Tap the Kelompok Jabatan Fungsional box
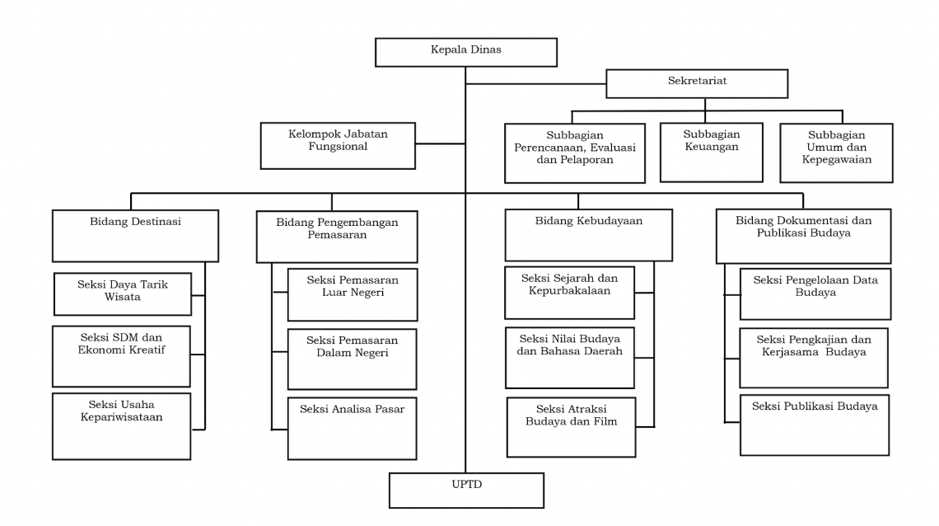tap(336, 145)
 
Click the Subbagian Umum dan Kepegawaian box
tap(835, 153)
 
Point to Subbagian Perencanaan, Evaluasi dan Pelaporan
tap(574, 153)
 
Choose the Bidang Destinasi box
tap(135, 235)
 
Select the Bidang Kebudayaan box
tap(577, 235)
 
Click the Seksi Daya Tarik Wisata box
tap(122, 294)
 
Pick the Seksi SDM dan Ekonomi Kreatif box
tap(122, 356)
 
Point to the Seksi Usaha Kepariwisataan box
tap(122, 425)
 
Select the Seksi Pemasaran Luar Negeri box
tap(353, 294)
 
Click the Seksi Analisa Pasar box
tap(353, 428)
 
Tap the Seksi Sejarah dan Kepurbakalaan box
tap(570, 293)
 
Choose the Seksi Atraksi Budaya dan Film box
tap(572, 426)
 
